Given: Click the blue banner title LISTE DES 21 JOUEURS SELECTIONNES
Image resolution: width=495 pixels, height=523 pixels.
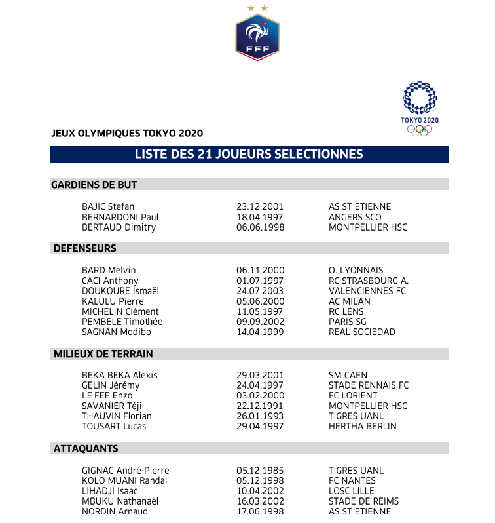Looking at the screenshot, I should tap(249, 155).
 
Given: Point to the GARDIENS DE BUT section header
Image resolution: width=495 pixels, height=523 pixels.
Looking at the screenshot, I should tap(94, 185).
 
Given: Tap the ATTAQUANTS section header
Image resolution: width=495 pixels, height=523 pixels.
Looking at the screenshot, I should tap(84, 449).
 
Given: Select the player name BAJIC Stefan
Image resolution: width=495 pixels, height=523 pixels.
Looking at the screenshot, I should tap(108, 206).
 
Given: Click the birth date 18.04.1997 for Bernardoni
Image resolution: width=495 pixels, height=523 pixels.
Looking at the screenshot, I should tap(261, 217).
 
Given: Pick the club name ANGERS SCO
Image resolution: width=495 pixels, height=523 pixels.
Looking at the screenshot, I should tap(355, 217).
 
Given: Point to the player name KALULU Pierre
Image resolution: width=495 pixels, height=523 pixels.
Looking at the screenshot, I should tap(113, 301).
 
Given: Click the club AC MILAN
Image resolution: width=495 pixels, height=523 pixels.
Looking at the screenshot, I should tap(350, 301).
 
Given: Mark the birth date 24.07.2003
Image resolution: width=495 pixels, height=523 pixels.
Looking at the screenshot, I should tap(261, 291).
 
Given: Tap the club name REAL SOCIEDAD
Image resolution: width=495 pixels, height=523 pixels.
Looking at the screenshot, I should tap(362, 332).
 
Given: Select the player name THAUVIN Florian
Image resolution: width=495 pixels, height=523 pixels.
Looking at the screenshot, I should tap(117, 416).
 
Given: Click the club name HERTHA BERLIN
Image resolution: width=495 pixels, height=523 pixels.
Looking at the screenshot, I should tap(363, 427).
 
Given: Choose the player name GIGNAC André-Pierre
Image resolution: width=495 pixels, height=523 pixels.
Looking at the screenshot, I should tap(125, 471).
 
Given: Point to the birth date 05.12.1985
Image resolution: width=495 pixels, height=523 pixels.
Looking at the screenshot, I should tap(261, 471).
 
